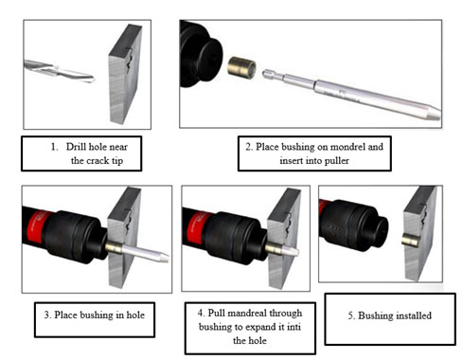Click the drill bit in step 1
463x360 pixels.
click(x=60, y=71)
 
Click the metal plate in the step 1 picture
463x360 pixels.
click(x=125, y=74)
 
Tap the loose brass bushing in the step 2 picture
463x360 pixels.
click(x=241, y=67)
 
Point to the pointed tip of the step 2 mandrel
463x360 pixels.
click(x=439, y=114)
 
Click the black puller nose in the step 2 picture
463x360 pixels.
click(x=201, y=54)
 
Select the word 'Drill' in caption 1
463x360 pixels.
click(x=76, y=147)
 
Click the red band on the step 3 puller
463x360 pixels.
click(x=36, y=225)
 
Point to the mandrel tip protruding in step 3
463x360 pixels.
click(x=145, y=253)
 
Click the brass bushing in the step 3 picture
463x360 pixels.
click(x=114, y=247)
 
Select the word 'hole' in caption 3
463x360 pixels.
click(x=135, y=315)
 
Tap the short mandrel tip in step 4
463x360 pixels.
click(x=290, y=251)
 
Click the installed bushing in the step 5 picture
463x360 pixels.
click(x=410, y=240)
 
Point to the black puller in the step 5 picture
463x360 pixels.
click(x=353, y=225)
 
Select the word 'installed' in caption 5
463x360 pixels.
click(x=413, y=315)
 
